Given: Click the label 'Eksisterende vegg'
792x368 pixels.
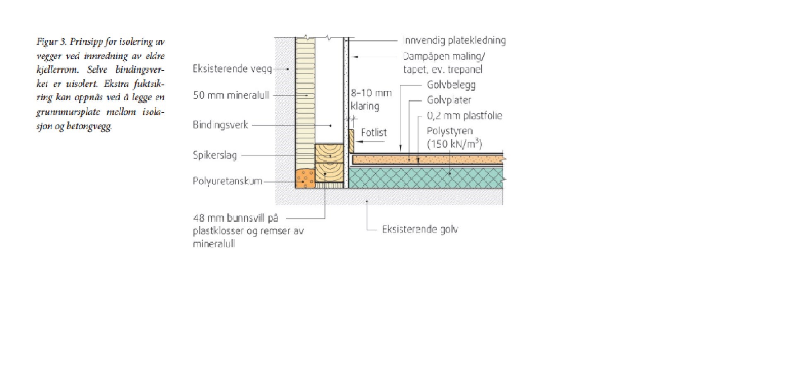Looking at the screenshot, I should point(232,69).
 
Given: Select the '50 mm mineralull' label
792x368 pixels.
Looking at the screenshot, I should point(231,95).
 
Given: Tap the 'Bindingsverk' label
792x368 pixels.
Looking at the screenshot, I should point(220,125).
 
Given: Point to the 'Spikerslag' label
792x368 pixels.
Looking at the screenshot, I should point(214,155).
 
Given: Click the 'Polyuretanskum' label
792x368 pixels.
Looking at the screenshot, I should point(227,181).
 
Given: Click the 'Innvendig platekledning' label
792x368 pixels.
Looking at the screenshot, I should point(454,41).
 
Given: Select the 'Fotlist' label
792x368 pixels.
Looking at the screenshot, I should point(374,133).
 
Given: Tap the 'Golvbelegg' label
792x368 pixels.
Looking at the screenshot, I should point(451,85).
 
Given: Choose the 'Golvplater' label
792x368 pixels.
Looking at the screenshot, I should point(449,100).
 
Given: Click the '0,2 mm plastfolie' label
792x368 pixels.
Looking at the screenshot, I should point(464,116).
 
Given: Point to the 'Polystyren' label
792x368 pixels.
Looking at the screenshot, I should point(450,131).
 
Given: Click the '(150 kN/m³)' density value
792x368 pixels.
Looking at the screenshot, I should point(454,144).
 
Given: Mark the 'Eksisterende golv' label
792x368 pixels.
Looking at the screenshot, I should point(420,230).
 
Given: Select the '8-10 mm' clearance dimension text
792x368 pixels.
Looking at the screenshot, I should point(371,93).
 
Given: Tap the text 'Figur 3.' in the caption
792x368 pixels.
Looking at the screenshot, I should point(51,42).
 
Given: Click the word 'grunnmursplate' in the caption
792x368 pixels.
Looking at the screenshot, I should point(68,112).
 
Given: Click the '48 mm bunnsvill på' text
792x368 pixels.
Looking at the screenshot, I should point(235,218).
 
